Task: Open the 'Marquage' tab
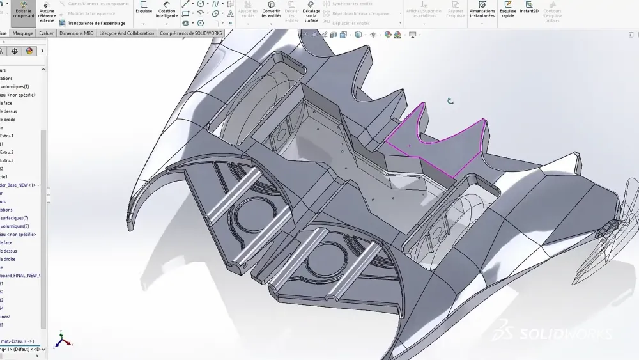(22, 33)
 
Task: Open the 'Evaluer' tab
(46, 33)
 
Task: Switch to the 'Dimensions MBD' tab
(76, 33)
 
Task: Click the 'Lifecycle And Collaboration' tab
(127, 33)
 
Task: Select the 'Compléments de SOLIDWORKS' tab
(190, 33)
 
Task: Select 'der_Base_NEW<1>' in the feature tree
(19, 185)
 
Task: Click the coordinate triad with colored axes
(62, 340)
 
